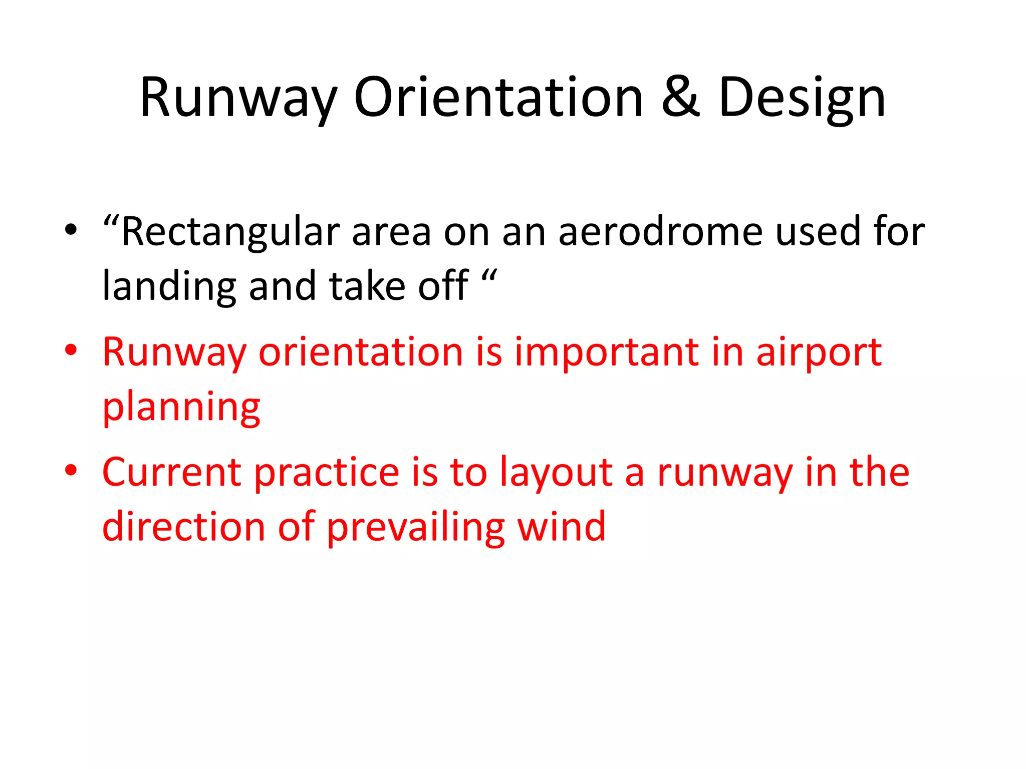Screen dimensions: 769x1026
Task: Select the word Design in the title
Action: [x=802, y=99]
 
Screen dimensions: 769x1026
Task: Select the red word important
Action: [x=606, y=352]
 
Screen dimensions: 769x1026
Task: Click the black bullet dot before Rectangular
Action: [x=71, y=230]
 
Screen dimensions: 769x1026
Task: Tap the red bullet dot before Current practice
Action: [x=71, y=471]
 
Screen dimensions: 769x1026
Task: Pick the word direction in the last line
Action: [x=183, y=528]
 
